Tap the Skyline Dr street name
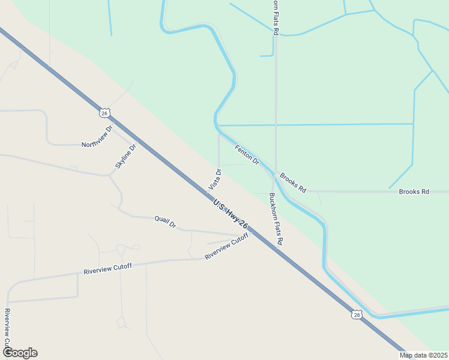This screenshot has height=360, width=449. point(126,156)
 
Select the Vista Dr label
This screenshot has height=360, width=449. point(215,179)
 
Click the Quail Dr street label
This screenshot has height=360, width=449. point(165,222)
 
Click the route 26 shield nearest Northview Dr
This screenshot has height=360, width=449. point(104,113)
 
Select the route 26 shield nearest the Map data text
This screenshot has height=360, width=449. point(357,314)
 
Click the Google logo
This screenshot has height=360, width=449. point(20,353)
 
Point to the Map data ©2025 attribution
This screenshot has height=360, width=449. point(424,355)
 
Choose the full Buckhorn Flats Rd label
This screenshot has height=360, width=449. point(276,219)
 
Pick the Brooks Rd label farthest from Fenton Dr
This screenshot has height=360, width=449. point(414,192)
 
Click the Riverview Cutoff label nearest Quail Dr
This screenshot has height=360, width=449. point(226,246)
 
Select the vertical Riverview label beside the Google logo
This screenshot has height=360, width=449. point(7,327)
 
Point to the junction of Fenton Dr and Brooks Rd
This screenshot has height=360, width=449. point(275,175)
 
